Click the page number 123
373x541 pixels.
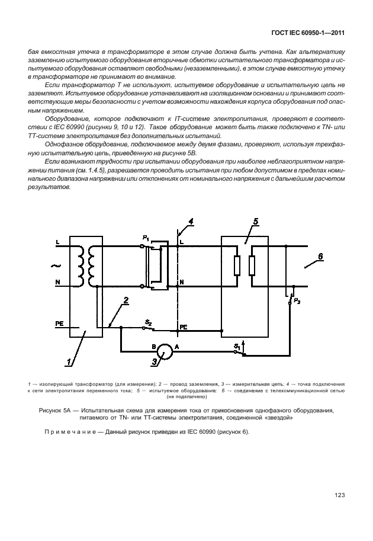coord(339,495)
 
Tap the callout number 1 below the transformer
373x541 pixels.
coord(69,360)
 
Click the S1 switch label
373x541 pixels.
coord(237,344)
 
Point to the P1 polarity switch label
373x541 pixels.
coord(145,238)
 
